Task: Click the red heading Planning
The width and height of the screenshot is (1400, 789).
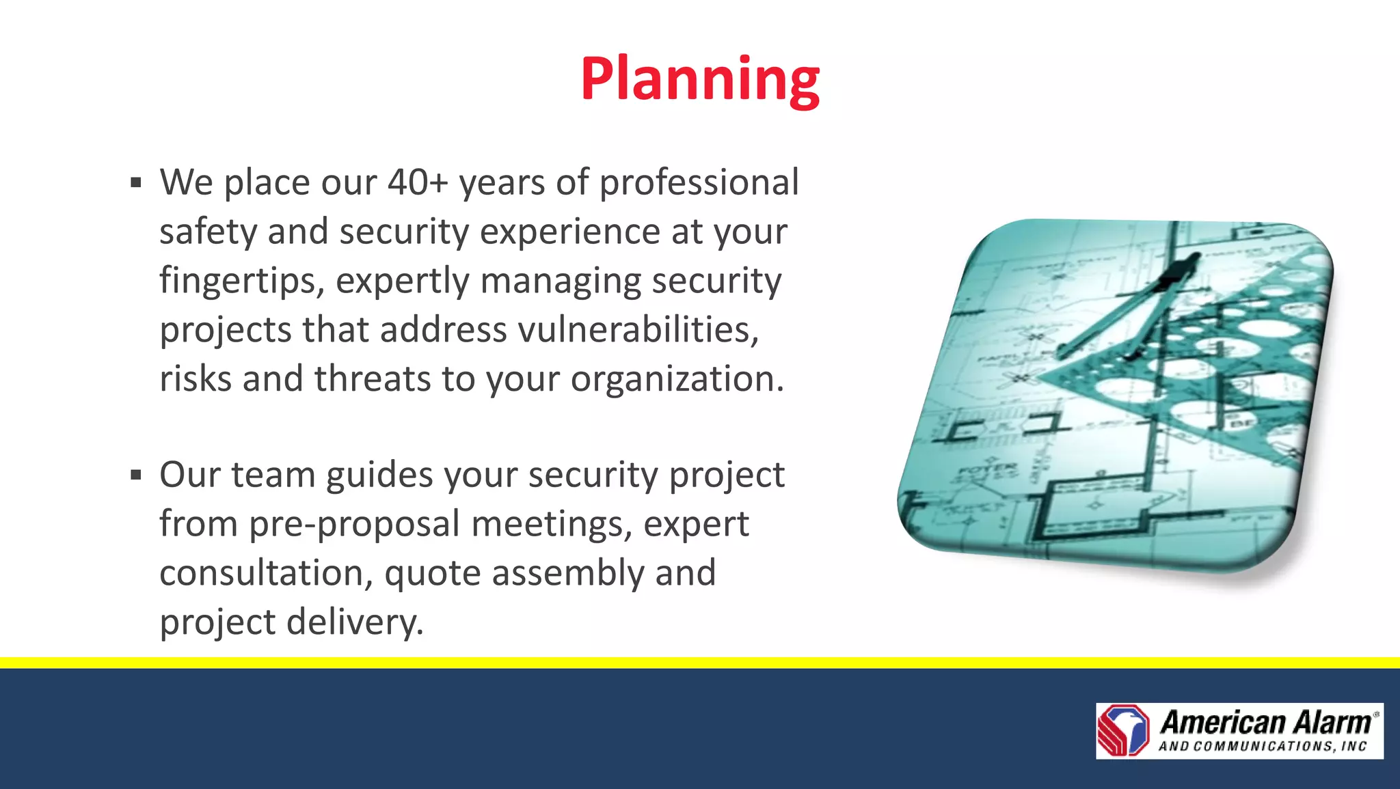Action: (699, 80)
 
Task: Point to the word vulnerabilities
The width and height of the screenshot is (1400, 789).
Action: (638, 330)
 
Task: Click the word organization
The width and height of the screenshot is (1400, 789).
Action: (677, 379)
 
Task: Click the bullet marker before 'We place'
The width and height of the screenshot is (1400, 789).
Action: (136, 183)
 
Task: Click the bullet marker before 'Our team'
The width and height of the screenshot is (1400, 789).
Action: (136, 475)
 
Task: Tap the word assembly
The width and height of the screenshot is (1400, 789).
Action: (568, 573)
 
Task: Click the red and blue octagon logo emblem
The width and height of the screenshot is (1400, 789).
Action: (1124, 730)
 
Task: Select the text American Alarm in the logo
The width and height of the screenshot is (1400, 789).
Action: (1265, 722)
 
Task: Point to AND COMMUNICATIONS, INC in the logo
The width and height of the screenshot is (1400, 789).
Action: (1262, 747)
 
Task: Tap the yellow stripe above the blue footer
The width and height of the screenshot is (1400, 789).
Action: (700, 663)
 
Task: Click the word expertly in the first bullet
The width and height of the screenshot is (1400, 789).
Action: (403, 281)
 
